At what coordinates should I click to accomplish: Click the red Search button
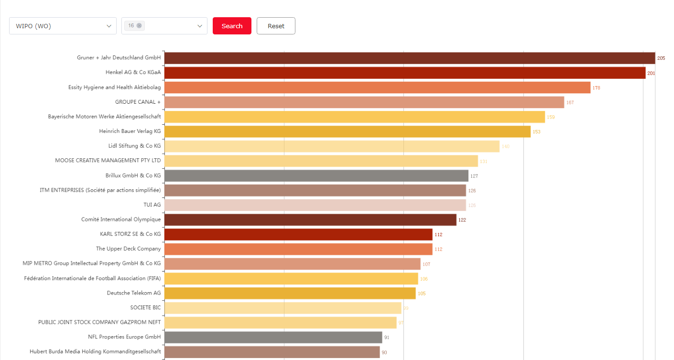tap(232, 26)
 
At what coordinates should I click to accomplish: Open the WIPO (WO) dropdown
tap(63, 26)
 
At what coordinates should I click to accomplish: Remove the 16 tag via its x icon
tap(139, 26)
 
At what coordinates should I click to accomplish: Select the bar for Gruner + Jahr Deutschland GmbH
tap(409, 58)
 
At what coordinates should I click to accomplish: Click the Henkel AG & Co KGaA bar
tap(404, 73)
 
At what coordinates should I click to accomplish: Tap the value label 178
tap(596, 88)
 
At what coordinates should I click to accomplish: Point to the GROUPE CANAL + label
tap(138, 102)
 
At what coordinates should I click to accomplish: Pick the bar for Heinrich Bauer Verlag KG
tap(347, 131)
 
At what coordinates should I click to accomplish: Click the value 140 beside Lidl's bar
tap(505, 146)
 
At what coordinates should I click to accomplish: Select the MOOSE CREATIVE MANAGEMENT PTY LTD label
tap(108, 161)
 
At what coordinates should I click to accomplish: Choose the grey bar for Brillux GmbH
tap(316, 175)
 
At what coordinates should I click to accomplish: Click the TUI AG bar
tap(315, 205)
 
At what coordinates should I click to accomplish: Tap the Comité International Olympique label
tap(121, 219)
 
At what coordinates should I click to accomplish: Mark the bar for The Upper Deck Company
tap(298, 249)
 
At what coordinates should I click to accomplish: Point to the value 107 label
tap(426, 264)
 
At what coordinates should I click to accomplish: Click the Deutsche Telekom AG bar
tap(290, 293)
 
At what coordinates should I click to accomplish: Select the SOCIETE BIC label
tap(145, 307)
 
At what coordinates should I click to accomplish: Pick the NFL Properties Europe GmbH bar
tap(273, 338)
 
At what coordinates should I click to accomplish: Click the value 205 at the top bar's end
tap(661, 58)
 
